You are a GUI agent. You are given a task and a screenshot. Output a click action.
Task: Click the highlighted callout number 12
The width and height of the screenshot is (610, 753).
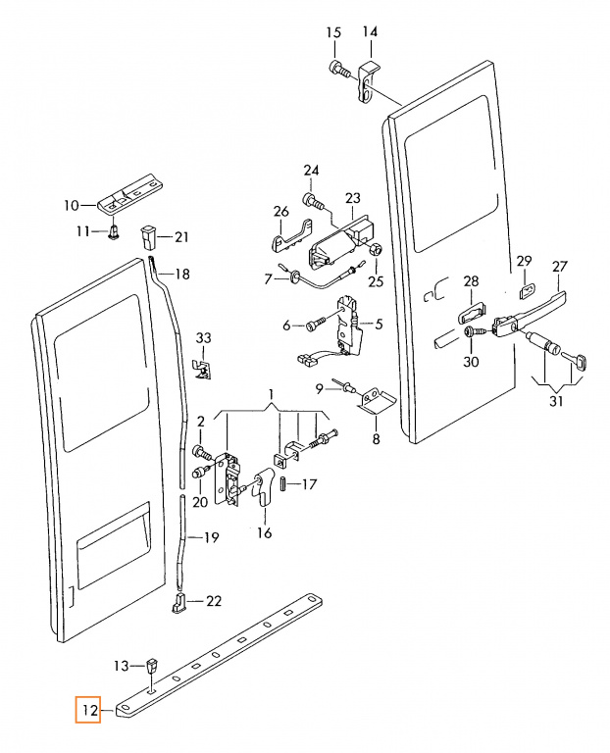point(90,710)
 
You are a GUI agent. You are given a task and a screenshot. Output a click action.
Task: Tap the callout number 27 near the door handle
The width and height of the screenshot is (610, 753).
point(560,267)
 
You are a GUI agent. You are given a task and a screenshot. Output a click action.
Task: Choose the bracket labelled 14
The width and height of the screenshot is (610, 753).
point(369,80)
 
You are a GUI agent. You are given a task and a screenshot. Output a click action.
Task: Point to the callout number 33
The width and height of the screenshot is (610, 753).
point(203,338)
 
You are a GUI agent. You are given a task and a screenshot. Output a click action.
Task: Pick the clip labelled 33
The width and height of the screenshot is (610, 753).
point(203,369)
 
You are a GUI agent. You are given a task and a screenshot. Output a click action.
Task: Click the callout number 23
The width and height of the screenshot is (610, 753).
point(352,198)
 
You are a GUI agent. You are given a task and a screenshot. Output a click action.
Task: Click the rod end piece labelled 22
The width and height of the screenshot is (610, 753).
point(178,603)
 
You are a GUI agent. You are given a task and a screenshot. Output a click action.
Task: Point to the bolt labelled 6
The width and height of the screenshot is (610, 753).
point(318,323)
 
